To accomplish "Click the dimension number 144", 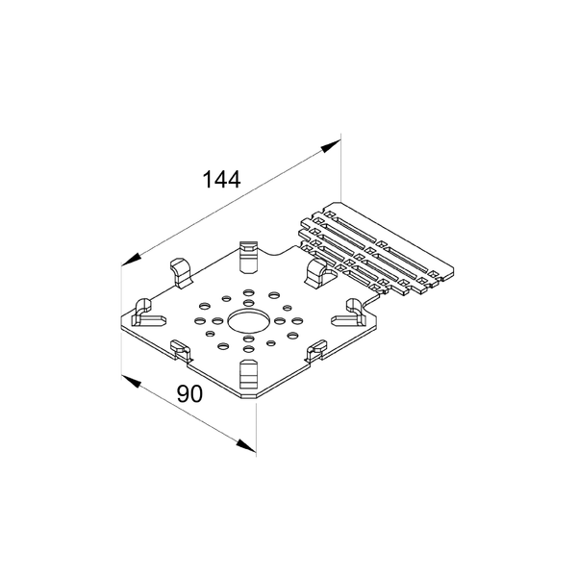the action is (221, 179).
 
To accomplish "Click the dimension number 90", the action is (189, 393).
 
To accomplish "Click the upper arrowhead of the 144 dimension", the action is (330, 145).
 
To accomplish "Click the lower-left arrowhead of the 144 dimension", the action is (132, 260).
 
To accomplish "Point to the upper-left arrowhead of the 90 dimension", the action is (132, 381).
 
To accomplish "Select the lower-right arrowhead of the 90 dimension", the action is (246, 445).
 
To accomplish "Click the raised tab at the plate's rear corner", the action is (249, 257).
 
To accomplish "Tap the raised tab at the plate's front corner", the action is (249, 374).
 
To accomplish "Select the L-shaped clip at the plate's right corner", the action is (349, 314).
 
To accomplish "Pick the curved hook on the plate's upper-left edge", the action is (182, 273).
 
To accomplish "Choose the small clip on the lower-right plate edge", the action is (316, 349).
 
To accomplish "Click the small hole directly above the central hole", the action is (249, 303).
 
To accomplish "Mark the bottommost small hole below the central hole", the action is (249, 348).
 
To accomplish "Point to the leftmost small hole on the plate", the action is (200, 321).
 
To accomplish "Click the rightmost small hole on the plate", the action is (296, 321).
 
